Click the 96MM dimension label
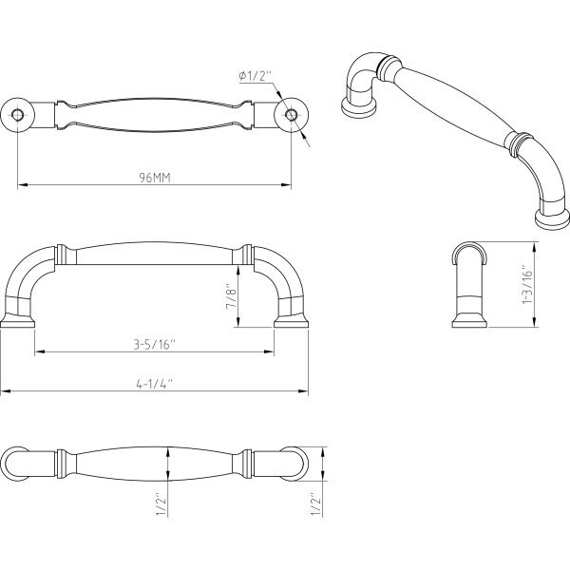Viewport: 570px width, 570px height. coord(155,178)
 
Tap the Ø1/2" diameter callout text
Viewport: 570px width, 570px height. coord(256,76)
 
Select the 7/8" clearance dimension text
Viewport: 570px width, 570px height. coord(231,295)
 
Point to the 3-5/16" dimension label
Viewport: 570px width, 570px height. coord(155,344)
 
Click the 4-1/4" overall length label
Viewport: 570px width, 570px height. coord(155,384)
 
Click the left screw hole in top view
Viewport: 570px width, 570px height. coord(17,115)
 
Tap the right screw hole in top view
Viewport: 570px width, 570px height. coord(291,115)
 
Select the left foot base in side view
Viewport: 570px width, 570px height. coord(17,321)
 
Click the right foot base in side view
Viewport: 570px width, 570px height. coord(292,321)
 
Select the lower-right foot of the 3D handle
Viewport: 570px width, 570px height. coord(552,218)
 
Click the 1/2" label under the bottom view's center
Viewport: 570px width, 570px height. coord(161,504)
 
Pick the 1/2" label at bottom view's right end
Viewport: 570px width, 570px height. coord(315,503)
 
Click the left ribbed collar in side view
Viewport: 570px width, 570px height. coord(61,255)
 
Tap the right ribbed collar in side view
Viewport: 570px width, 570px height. coord(247,255)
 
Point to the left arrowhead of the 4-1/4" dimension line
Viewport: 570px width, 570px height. coord(6,391)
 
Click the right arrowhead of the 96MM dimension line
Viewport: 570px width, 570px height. coord(286,185)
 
